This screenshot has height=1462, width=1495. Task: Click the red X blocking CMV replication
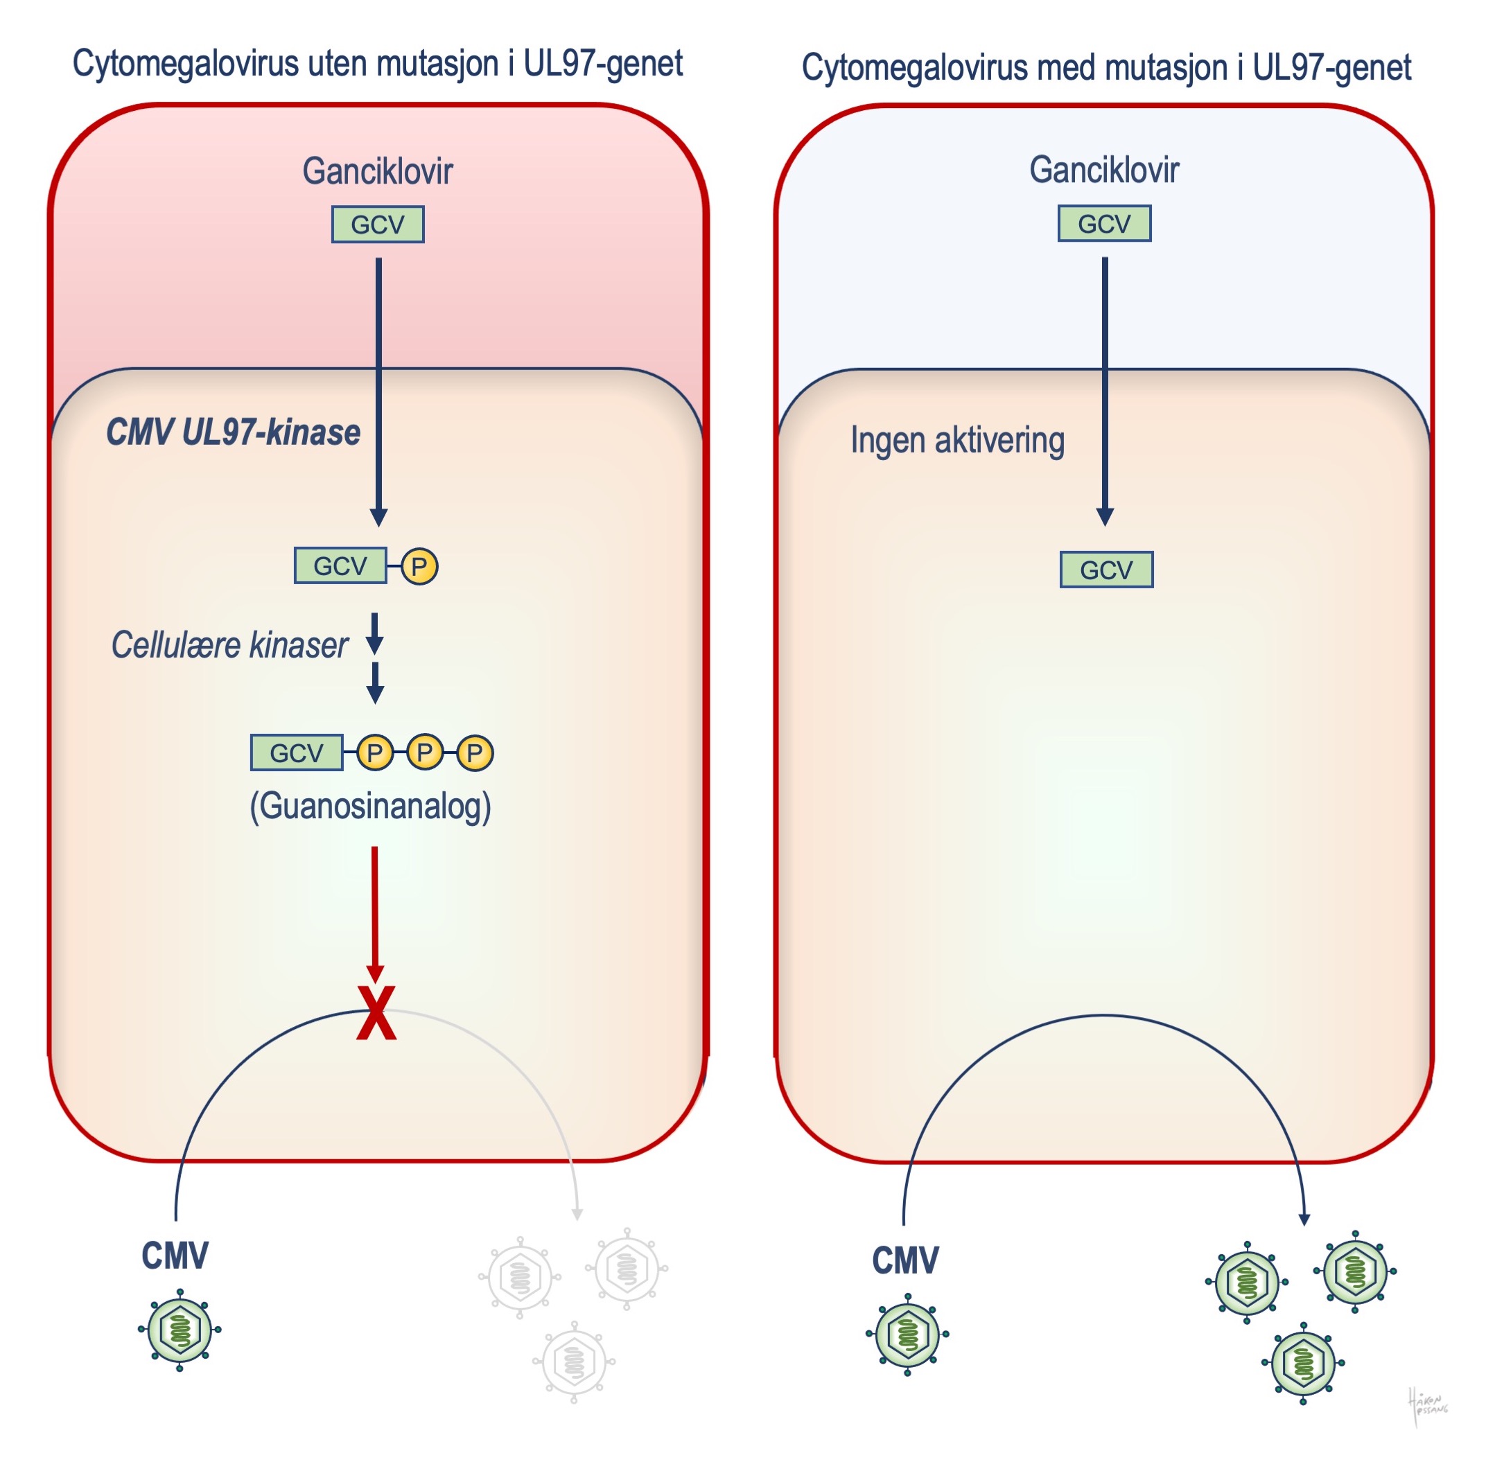click(376, 1013)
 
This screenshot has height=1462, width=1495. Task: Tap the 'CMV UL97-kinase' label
click(234, 432)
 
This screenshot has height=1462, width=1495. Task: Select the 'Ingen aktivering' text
click(957, 441)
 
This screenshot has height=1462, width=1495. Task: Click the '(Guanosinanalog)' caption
click(370, 807)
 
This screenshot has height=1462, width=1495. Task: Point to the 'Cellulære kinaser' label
click(229, 645)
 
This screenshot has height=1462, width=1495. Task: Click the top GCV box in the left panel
click(377, 225)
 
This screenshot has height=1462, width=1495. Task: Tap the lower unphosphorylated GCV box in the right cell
click(1105, 570)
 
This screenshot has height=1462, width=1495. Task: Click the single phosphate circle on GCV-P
click(419, 567)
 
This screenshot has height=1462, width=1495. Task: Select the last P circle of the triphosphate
click(475, 752)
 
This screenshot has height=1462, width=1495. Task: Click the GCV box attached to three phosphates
click(297, 752)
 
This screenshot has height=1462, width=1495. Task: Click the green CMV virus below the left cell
click(180, 1330)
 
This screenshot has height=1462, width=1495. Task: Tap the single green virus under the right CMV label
click(907, 1335)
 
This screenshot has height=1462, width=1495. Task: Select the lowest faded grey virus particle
click(574, 1362)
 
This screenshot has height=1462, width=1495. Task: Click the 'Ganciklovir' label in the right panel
click(1104, 170)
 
